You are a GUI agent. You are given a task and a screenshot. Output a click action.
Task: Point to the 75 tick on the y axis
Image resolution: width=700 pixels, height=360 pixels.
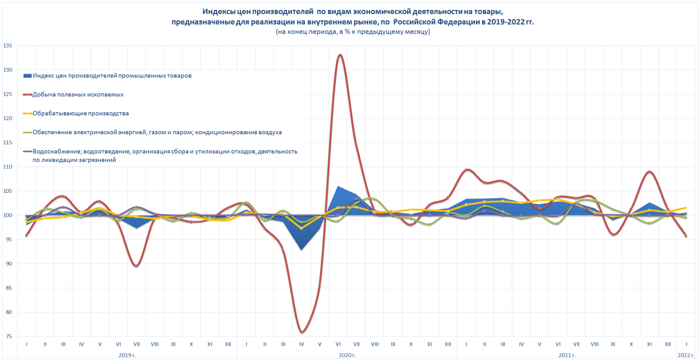(x=9, y=336)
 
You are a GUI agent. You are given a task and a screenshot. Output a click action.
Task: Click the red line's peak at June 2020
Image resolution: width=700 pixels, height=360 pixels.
(x=340, y=55)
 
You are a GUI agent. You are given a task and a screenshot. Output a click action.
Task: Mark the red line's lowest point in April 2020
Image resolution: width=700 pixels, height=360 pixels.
(x=302, y=332)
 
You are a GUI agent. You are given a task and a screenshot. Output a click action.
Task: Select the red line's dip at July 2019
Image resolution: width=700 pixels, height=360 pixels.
(x=136, y=265)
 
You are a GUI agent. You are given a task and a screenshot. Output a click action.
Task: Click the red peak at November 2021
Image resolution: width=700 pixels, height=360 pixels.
(x=649, y=171)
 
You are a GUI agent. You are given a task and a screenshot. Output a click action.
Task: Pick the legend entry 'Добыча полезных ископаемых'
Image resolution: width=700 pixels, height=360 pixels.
(x=78, y=95)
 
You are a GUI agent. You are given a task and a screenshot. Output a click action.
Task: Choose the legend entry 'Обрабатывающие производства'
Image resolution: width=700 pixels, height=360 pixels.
(x=81, y=113)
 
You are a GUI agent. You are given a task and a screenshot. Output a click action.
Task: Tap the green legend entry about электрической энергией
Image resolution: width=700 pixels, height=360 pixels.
(x=157, y=132)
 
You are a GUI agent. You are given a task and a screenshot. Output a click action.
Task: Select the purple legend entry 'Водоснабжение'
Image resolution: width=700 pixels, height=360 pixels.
(x=165, y=152)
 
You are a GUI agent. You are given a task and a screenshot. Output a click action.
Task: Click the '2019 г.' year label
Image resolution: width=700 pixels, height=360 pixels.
(x=127, y=355)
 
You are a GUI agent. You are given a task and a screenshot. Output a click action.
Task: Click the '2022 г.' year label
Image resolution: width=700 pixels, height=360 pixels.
(x=686, y=355)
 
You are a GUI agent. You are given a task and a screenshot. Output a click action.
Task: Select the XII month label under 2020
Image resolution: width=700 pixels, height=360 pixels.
(x=447, y=345)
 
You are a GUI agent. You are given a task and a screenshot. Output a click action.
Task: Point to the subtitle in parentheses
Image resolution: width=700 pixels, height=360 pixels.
(x=353, y=32)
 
